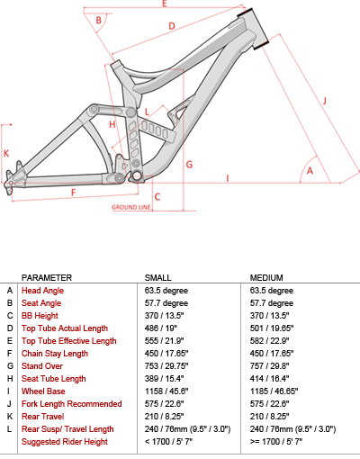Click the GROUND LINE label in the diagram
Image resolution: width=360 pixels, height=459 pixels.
pyautogui.click(x=130, y=207)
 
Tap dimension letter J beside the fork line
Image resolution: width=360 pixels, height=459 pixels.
pyautogui.click(x=325, y=101)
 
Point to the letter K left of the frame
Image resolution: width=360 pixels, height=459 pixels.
pyautogui.click(x=6, y=154)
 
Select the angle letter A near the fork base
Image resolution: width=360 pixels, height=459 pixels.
pyautogui.click(x=310, y=171)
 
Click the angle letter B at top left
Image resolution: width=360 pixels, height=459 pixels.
pyautogui.click(x=98, y=21)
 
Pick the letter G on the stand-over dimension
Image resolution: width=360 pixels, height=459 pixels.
pyautogui.click(x=189, y=165)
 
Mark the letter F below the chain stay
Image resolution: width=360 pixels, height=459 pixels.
pyautogui.click(x=74, y=193)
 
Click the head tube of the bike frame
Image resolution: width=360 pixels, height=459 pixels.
pyautogui.click(x=254, y=29)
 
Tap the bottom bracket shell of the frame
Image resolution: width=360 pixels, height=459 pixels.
pyautogui.click(x=137, y=176)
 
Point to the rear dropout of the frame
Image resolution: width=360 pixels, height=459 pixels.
pyautogui.click(x=11, y=182)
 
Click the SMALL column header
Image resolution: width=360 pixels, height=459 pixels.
pyautogui.click(x=158, y=278)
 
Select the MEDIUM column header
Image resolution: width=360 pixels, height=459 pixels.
pyautogui.click(x=266, y=278)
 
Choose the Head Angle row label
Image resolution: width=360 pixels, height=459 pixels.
pyautogui.click(x=42, y=291)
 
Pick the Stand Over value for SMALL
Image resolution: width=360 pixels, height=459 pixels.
pyautogui.click(x=166, y=366)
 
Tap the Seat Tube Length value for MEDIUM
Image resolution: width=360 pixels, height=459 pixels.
pyautogui.click(x=269, y=379)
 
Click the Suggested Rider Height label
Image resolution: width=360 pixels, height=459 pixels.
pyautogui.click(x=65, y=442)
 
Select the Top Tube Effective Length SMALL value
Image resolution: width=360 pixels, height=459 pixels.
pyautogui.click(x=164, y=341)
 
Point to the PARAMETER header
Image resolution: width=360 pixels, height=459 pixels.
pyautogui.click(x=47, y=278)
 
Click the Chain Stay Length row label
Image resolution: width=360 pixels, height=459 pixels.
pyautogui.click(x=55, y=354)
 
